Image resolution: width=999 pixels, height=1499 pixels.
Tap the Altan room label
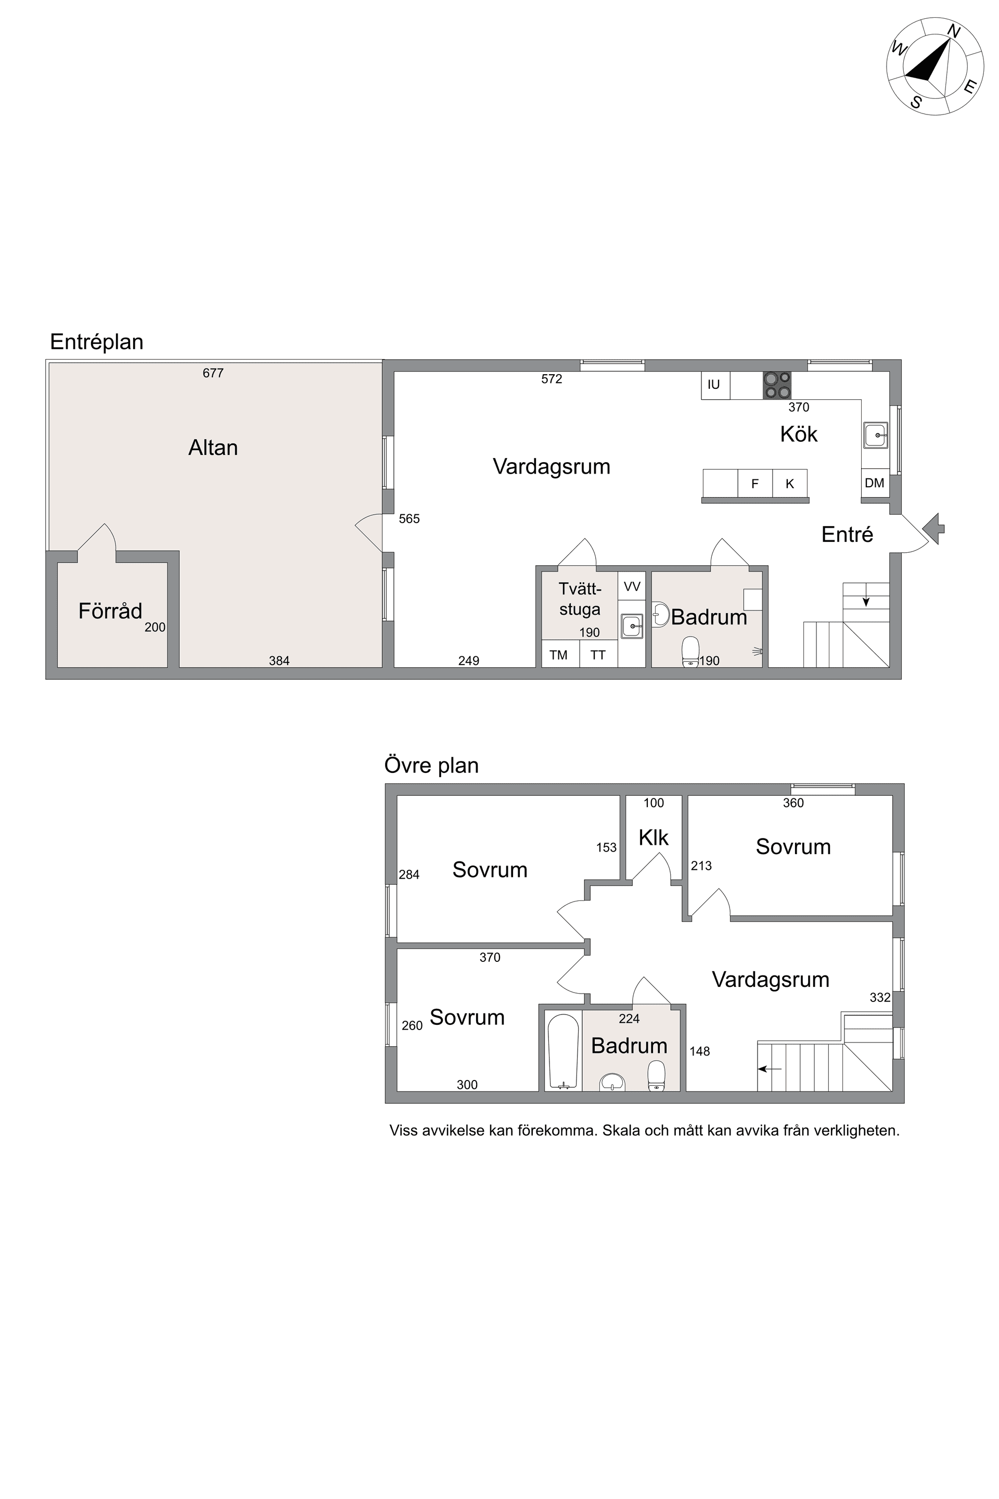point(213,448)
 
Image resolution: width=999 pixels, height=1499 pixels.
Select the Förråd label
point(110,611)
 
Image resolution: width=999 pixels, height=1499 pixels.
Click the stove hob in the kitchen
point(777,385)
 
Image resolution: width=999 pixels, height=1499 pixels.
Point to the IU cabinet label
point(713,385)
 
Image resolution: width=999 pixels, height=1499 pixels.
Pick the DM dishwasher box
point(875,483)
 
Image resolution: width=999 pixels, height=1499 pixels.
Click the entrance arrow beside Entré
point(933,528)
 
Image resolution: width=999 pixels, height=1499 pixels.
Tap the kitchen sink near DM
point(876,435)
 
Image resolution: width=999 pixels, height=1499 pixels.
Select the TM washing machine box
point(559,655)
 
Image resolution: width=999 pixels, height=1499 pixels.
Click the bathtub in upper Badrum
point(562,1051)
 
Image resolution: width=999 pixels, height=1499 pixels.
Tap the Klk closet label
point(654,838)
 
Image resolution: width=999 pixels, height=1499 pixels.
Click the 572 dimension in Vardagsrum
point(552,379)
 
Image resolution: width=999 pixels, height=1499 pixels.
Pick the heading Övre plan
point(431,766)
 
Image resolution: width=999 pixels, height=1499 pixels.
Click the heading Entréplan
point(97,342)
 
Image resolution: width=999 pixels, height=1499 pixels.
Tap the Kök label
point(798,435)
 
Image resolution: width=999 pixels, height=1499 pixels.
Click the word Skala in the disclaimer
point(621,1130)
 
